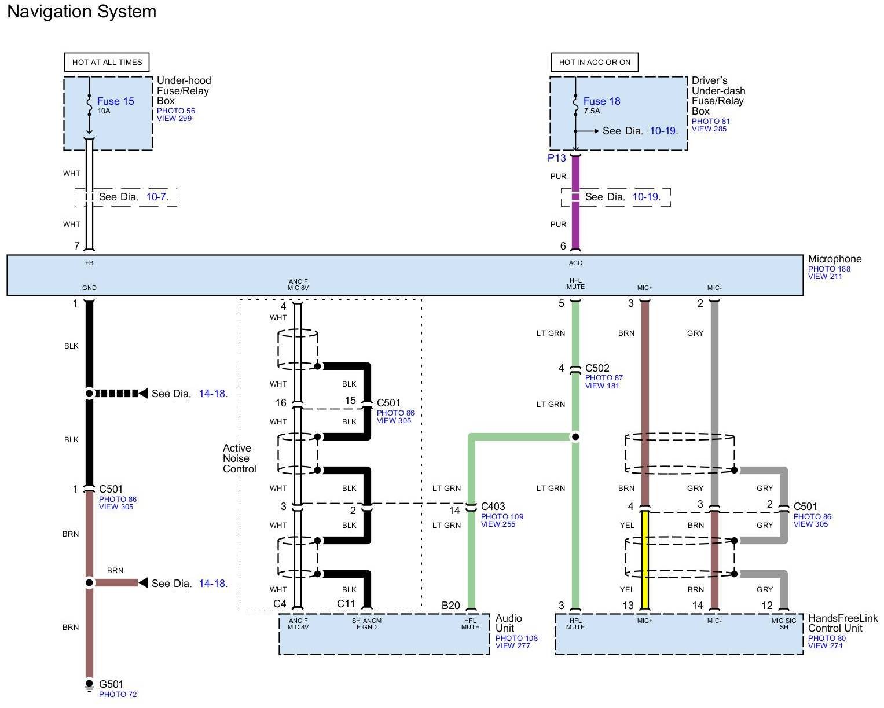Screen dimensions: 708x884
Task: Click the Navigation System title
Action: tap(82, 12)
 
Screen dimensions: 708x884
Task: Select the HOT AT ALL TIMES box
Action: tap(107, 62)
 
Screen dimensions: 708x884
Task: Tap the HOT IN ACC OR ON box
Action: tap(595, 62)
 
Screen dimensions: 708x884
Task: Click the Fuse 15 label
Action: tap(115, 101)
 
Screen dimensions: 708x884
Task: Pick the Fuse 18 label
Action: tap(601, 101)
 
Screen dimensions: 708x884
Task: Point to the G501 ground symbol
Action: tap(89, 685)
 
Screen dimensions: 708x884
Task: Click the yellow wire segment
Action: tap(645, 559)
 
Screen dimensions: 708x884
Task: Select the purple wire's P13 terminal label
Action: tap(557, 158)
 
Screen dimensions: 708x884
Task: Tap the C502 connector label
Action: tap(597, 368)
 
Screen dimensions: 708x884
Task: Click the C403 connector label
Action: tap(493, 507)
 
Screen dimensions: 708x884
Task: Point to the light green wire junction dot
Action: tap(575, 436)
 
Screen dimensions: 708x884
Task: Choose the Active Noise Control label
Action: tap(239, 458)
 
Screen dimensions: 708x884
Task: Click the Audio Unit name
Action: tap(508, 623)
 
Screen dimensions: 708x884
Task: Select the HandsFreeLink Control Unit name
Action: tap(842, 623)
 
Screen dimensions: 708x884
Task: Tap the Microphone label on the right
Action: tap(834, 259)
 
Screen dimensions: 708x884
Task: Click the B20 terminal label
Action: tap(450, 606)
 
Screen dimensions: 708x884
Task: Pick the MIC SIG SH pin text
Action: tap(784, 623)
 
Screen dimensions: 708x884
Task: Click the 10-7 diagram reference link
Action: tap(156, 197)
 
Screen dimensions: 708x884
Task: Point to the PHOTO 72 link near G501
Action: tap(118, 694)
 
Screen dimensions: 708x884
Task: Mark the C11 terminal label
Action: tap(346, 604)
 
